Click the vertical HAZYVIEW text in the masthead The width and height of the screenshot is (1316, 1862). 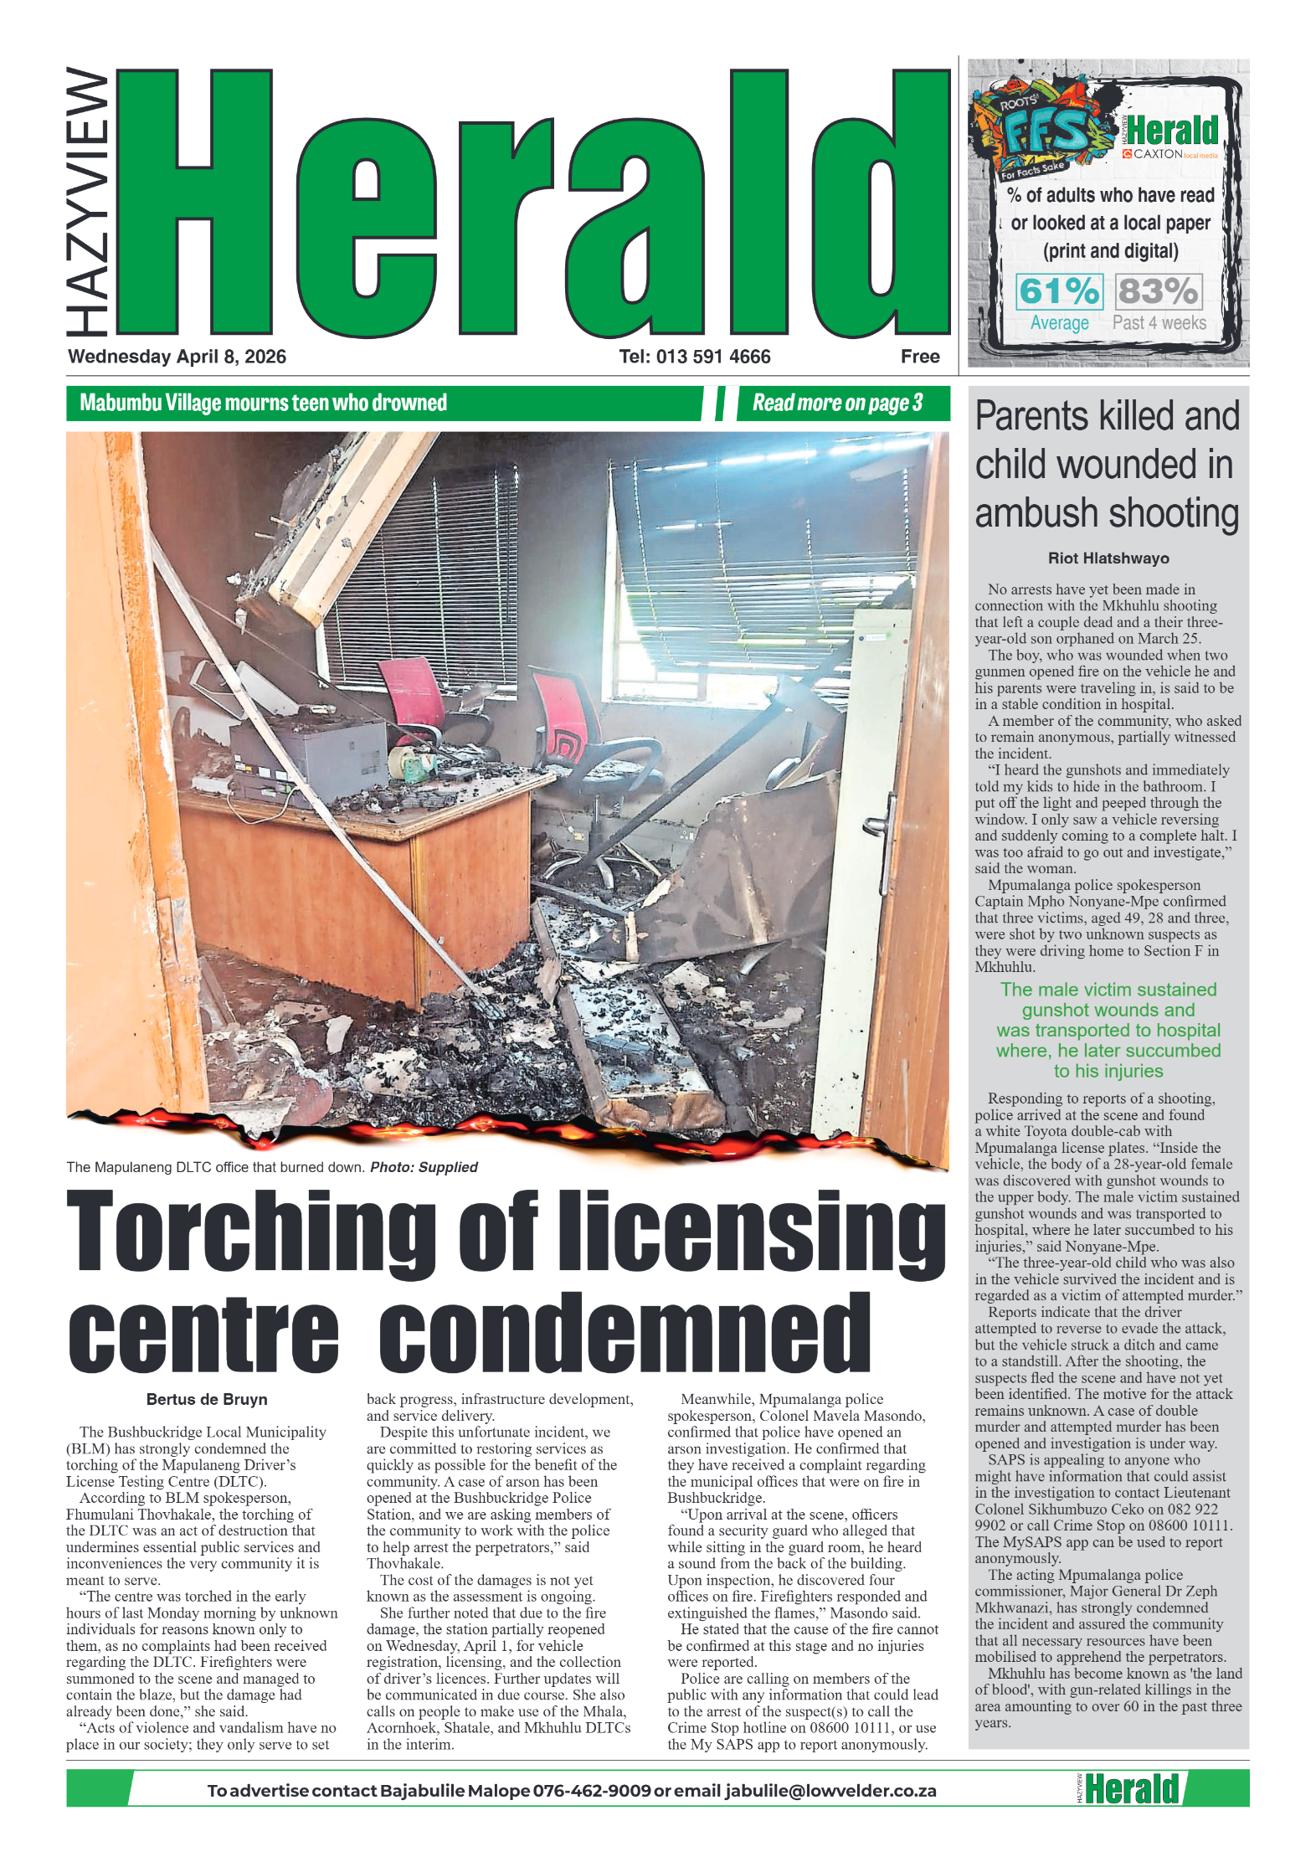tap(88, 201)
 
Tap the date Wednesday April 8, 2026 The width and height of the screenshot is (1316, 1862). tap(177, 357)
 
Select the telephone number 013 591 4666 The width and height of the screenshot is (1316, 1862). tap(694, 357)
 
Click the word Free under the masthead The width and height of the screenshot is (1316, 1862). tap(919, 357)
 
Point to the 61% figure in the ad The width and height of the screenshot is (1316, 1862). tap(1059, 291)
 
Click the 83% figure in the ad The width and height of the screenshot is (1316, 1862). tap(1158, 291)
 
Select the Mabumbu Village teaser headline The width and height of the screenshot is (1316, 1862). tap(263, 404)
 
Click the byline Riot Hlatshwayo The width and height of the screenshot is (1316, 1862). tap(1108, 558)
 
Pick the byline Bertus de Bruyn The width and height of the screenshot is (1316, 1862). tap(207, 1399)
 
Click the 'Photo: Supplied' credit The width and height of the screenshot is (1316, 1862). tap(424, 1167)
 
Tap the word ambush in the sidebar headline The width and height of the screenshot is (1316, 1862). tap(1036, 513)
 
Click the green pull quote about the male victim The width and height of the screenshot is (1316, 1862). tap(1108, 1030)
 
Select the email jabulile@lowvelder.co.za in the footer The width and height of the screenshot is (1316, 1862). tap(830, 1791)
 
